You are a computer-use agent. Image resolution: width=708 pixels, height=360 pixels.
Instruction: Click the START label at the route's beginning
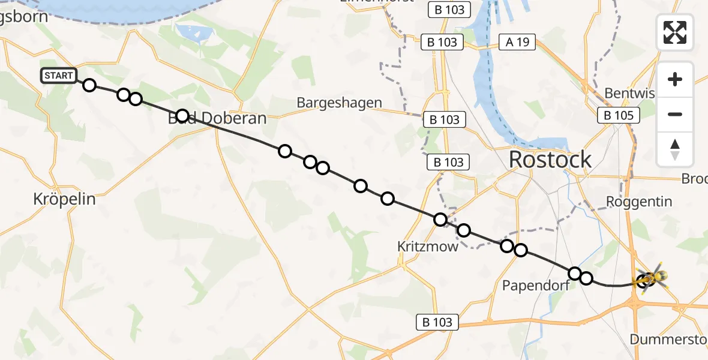click(x=58, y=76)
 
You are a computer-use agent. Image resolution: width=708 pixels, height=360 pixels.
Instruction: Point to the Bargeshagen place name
click(x=339, y=103)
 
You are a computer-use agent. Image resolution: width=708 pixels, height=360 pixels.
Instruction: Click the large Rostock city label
click(x=550, y=160)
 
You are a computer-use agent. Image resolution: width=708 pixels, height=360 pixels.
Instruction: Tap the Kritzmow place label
click(x=428, y=246)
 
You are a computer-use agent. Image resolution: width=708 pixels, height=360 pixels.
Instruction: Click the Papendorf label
click(x=536, y=285)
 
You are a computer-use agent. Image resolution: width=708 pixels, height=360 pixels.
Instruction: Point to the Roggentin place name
click(x=639, y=202)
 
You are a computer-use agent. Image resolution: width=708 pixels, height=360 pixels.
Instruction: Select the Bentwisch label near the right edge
click(x=629, y=93)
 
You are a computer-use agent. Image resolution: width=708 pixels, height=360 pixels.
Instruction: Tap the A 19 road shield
click(x=517, y=42)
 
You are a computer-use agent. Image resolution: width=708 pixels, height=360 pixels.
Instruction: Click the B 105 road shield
click(x=619, y=115)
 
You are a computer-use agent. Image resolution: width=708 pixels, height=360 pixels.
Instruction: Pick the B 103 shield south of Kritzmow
click(x=438, y=322)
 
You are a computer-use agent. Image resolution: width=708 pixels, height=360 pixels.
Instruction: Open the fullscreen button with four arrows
click(x=675, y=32)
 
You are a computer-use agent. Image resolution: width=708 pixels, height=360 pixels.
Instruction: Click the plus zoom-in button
click(x=675, y=79)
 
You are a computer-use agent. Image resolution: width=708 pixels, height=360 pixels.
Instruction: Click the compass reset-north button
click(x=675, y=149)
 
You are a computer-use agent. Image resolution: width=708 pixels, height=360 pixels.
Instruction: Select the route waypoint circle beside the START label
click(x=89, y=85)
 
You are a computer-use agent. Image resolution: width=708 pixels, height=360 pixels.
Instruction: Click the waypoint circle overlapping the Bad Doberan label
click(x=182, y=116)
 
